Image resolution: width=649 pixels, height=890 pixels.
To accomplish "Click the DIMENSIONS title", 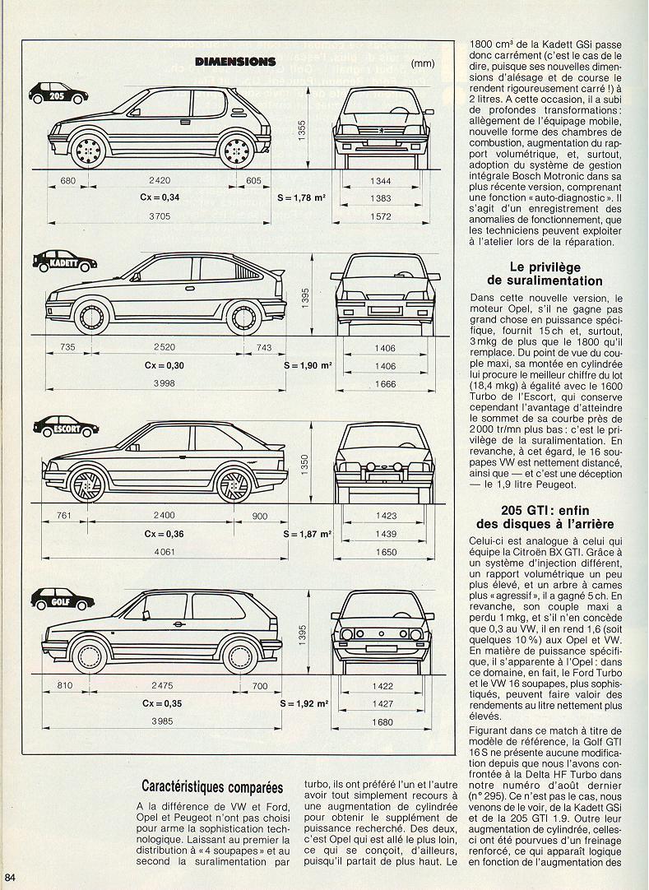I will click(234, 61).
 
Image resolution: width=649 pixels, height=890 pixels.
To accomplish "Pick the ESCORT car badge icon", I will click(66, 426).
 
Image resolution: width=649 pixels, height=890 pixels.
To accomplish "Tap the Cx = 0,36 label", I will click(160, 533).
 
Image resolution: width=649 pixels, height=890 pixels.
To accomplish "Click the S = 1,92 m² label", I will click(304, 704).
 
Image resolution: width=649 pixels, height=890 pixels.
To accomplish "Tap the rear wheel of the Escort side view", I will click(239, 484).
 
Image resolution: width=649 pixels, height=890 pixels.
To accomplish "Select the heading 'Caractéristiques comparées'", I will click(206, 787).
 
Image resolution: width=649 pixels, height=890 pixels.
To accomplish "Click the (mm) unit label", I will click(422, 63).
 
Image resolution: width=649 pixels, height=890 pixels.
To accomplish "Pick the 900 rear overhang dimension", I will click(261, 516).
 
